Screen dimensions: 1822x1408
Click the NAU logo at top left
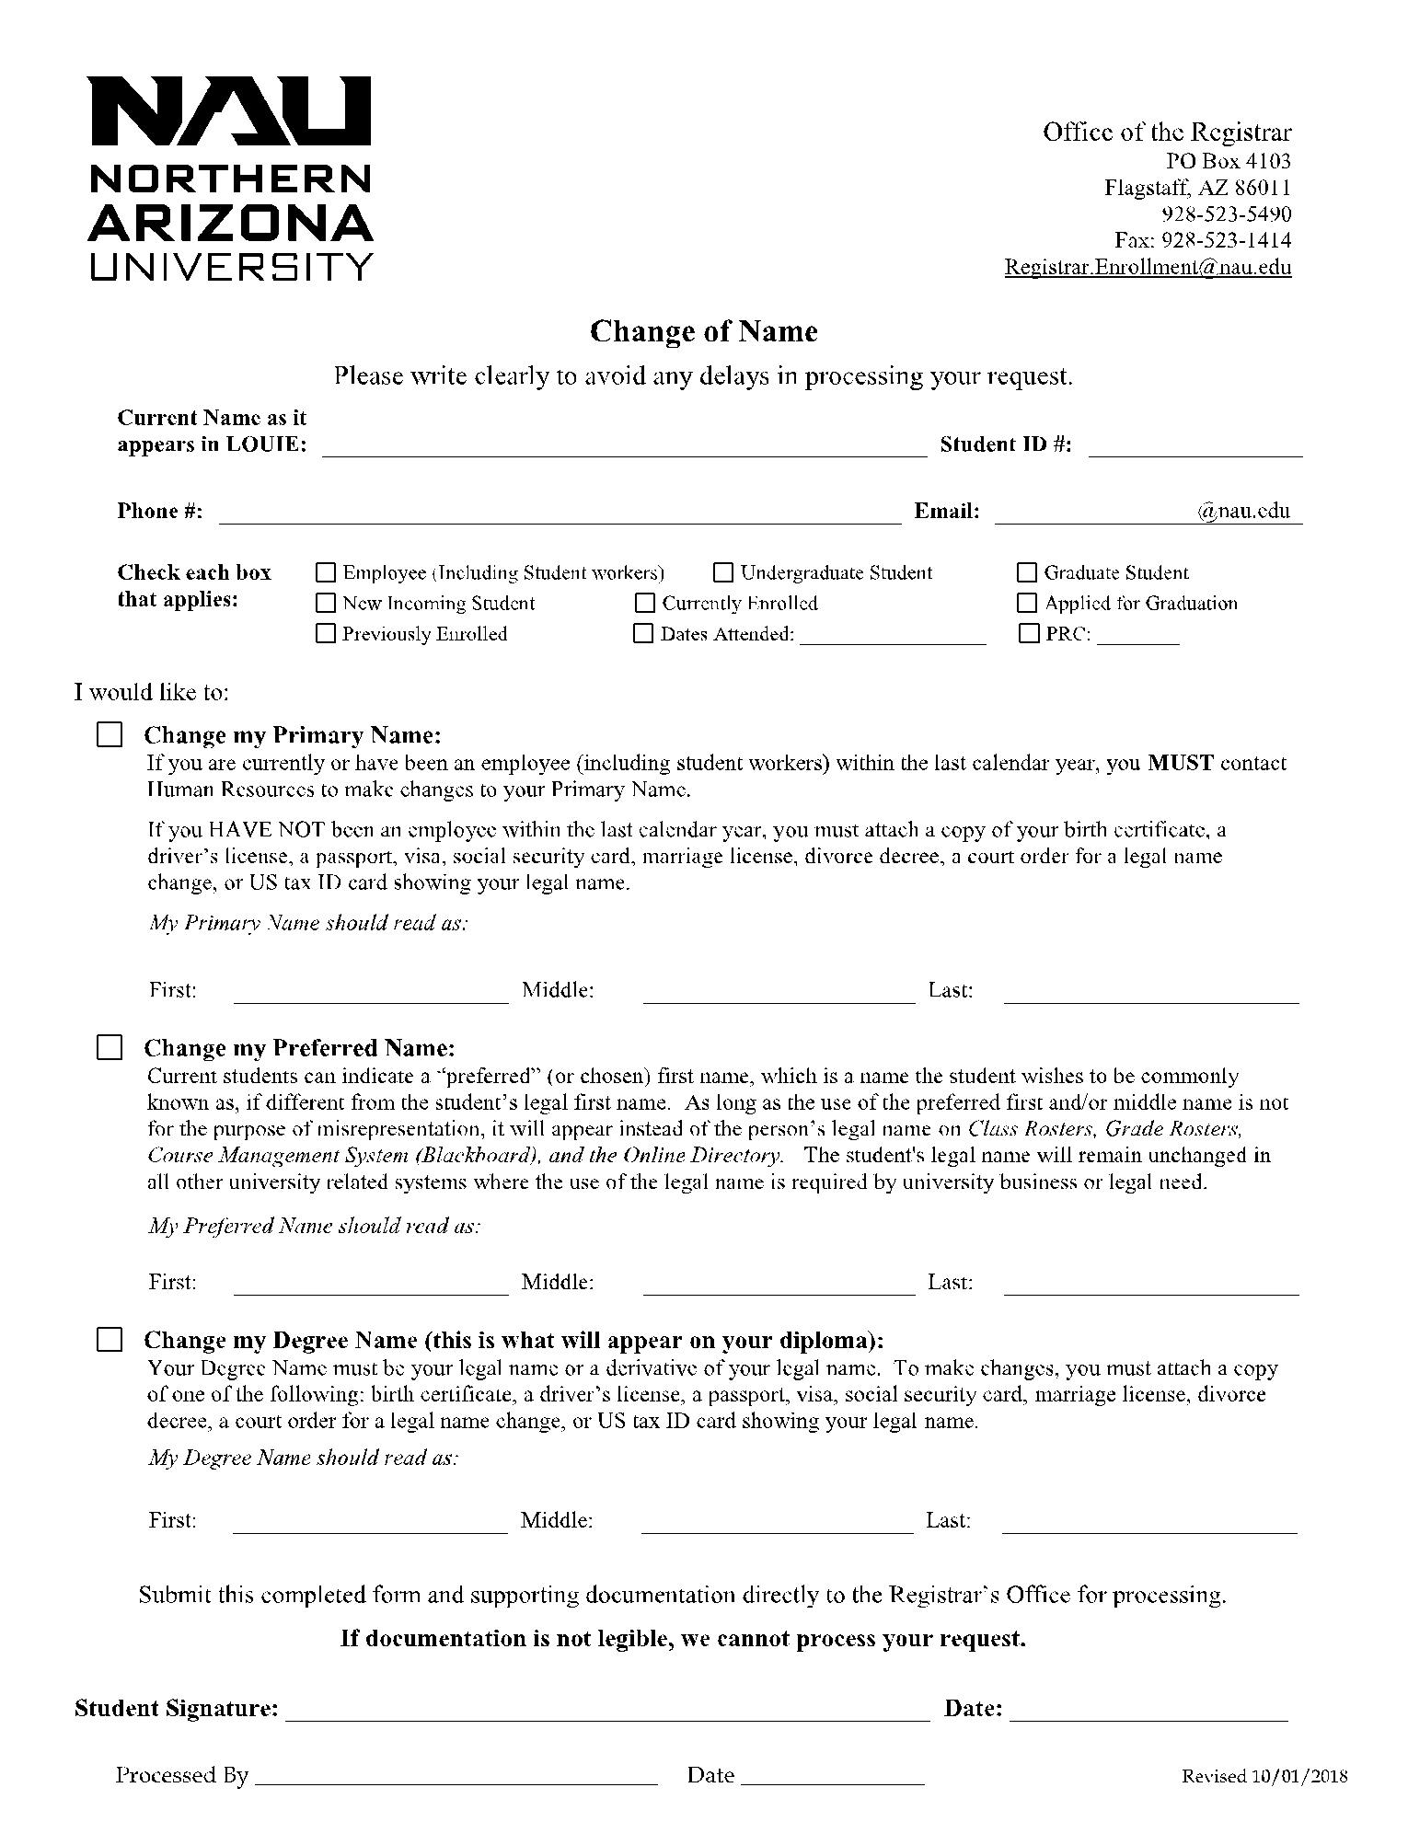230,178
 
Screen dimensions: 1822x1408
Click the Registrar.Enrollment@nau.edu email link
1148,268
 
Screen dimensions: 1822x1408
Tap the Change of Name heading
703,331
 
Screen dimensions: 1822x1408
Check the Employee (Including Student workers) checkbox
326,573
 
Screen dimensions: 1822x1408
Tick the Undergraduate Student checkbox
723,573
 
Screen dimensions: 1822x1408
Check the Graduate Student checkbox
1027,573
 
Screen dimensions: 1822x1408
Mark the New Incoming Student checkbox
326,604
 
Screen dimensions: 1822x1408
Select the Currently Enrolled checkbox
644,604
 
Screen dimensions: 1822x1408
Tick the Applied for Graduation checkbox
1027,604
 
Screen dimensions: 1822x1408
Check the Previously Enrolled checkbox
326,634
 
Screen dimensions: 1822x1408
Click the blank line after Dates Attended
893,634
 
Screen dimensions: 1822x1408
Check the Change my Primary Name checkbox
110,735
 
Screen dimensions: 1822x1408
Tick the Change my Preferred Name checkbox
110,1048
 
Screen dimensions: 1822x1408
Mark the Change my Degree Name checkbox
110,1340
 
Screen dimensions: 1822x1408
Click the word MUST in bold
1181,763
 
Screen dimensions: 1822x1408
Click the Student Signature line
607,1709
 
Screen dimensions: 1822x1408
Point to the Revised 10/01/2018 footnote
1264,1777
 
